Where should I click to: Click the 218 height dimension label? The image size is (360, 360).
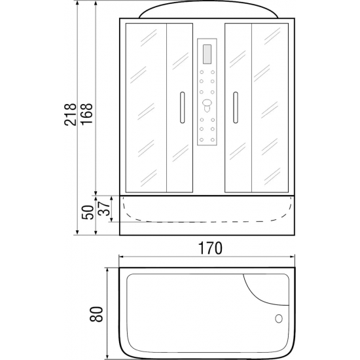(70, 115)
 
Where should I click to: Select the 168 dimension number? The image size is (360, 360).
(87, 114)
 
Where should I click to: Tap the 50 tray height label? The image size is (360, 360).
(88, 212)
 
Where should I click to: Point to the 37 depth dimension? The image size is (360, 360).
(104, 208)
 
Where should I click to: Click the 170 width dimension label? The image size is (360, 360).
(210, 248)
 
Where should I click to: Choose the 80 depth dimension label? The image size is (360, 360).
(96, 314)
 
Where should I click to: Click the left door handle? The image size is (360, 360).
(183, 107)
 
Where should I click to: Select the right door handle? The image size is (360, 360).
(236, 107)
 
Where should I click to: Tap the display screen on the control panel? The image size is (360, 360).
(207, 54)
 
